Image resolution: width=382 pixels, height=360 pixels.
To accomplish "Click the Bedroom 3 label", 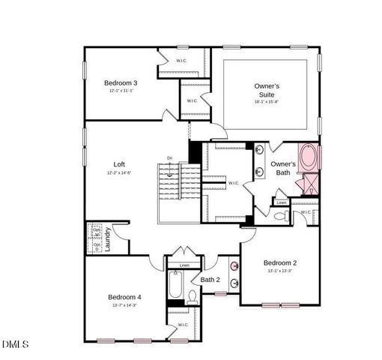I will [121, 82].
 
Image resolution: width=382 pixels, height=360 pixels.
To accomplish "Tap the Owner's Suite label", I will [267, 91].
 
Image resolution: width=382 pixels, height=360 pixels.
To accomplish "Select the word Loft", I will [119, 164].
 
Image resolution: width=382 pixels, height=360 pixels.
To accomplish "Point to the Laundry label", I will [109, 238].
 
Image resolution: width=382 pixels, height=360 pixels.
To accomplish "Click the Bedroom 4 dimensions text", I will [124, 305].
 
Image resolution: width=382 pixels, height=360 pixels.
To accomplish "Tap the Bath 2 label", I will [210, 280].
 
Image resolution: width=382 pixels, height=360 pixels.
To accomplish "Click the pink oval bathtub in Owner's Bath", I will [309, 158].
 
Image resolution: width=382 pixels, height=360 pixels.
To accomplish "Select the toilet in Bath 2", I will [192, 296].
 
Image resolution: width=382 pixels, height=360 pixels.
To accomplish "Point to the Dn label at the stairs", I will [170, 158].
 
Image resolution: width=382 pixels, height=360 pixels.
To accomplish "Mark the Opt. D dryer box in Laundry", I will [97, 244].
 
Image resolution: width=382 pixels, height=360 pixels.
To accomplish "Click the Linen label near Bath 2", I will [184, 265].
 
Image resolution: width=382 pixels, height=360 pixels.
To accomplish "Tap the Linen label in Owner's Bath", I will [281, 202].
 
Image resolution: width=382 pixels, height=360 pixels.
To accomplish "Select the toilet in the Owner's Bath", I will [280, 216].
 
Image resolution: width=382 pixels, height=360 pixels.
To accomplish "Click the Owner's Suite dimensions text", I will [267, 102].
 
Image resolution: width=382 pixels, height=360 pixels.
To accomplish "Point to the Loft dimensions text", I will [119, 172].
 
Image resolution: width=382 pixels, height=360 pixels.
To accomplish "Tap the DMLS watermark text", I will [15, 344].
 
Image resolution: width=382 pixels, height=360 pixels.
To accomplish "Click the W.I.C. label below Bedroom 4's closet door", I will [183, 325].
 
